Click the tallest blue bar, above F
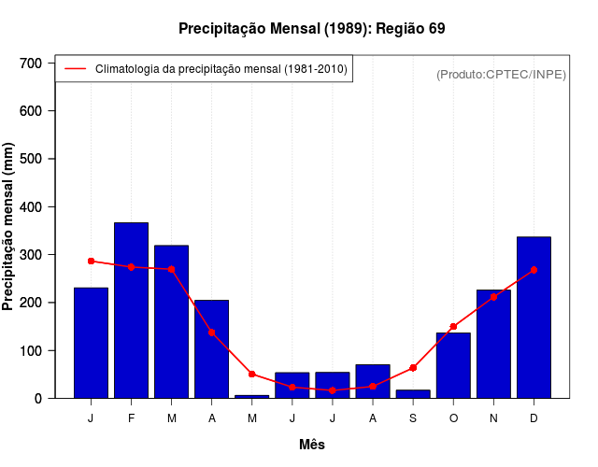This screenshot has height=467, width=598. [x=131, y=310]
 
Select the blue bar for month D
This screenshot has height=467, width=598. [x=534, y=318]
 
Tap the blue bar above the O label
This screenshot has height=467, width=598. [x=453, y=365]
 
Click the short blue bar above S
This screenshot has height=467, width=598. [x=413, y=394]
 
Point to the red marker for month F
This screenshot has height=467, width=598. [x=131, y=267]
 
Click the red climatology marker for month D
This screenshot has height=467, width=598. [x=534, y=270]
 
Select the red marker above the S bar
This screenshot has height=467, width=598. [x=413, y=368]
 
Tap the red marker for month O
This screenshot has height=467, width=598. [x=453, y=327]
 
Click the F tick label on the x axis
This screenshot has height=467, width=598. [x=131, y=418]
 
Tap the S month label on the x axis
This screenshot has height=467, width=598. [x=413, y=418]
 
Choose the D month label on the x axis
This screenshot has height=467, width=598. [x=534, y=418]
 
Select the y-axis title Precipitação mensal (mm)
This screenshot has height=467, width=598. [x=9, y=227]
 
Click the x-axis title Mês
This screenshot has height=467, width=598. [x=312, y=446]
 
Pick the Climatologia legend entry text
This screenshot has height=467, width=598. [x=221, y=68]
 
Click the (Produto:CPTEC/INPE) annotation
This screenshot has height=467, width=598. [x=501, y=74]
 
